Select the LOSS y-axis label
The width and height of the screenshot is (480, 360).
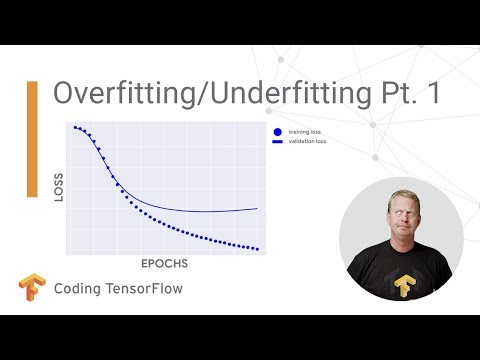57,189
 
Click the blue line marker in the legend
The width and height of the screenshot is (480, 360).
276,142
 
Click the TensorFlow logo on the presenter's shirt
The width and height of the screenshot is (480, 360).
404,285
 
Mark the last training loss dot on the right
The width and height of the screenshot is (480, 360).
258,249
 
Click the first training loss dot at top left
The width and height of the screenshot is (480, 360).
74,127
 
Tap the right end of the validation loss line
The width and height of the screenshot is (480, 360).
257,208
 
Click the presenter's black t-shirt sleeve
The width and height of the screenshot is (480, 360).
361,285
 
